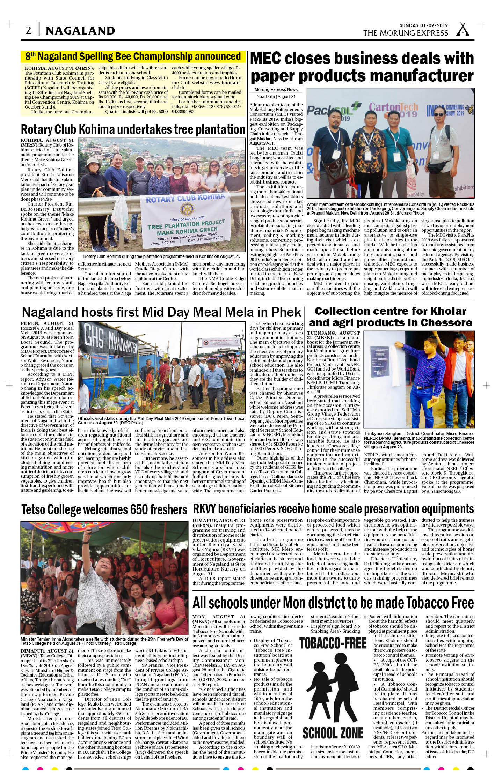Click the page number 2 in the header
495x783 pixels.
(x=29, y=31)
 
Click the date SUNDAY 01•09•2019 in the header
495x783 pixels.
(x=424, y=25)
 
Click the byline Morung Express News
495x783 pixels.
(x=276, y=90)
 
